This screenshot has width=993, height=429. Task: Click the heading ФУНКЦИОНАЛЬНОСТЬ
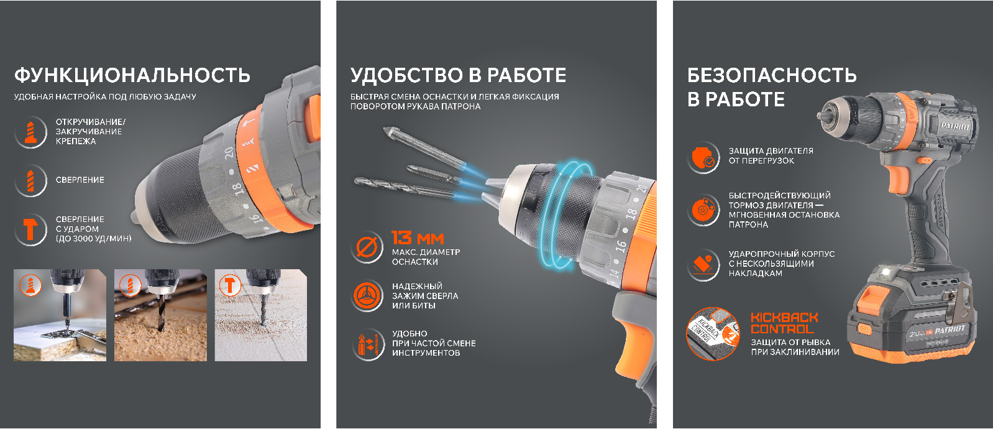132,75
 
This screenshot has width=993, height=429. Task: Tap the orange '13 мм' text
418,238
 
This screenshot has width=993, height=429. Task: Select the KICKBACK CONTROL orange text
784,323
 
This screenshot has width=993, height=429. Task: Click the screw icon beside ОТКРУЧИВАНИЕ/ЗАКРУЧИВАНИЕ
30,132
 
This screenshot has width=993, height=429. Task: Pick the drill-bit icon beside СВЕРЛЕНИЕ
30,180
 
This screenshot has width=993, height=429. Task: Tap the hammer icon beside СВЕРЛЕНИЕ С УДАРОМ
30,229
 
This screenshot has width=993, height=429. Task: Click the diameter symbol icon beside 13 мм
367,247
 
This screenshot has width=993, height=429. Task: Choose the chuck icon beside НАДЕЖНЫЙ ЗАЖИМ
367,296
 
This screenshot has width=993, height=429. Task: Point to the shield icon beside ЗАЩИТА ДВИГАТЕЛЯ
703,157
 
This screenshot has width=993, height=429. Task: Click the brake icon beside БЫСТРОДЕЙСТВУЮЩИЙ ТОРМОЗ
703,210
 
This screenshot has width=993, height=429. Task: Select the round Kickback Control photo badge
713,334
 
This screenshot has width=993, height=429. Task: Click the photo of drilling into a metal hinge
60,315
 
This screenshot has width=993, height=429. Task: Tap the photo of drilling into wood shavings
160,315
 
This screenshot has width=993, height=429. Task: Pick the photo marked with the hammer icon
260,315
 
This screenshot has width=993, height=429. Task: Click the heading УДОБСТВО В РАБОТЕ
459,75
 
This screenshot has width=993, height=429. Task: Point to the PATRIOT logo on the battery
950,330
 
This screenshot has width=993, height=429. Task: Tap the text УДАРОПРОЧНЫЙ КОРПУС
782,254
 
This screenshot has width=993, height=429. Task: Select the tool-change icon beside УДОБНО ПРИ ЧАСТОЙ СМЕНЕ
367,344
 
